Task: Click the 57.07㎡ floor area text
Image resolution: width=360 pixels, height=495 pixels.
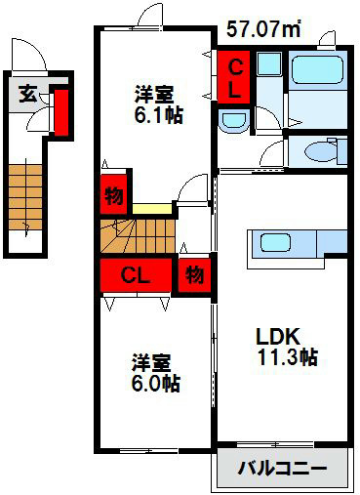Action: (263, 28)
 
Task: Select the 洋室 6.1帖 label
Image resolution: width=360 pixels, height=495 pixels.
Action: (159, 104)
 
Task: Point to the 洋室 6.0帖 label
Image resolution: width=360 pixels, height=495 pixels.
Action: (156, 373)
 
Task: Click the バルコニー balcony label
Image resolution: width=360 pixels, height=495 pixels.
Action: (282, 469)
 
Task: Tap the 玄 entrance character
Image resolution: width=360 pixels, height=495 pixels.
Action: (28, 94)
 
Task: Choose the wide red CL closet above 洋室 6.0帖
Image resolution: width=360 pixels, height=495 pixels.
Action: (136, 275)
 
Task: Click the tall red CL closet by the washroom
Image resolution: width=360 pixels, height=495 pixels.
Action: (234, 77)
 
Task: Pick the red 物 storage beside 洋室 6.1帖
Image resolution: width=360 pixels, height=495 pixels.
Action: (113, 194)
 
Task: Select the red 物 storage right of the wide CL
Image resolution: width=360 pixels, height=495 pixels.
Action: (194, 275)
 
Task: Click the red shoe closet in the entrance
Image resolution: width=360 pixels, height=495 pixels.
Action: (61, 112)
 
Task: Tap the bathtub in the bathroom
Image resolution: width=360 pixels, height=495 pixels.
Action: (317, 70)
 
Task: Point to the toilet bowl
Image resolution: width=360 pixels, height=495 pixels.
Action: (321, 152)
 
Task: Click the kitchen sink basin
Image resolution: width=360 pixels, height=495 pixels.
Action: (275, 243)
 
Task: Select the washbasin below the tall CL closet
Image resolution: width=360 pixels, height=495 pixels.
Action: (233, 121)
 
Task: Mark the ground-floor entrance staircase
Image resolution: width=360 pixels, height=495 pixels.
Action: (25, 197)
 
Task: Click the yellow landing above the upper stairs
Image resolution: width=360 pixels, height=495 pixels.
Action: (152, 209)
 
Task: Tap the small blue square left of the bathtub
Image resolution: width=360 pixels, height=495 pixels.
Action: (269, 63)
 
